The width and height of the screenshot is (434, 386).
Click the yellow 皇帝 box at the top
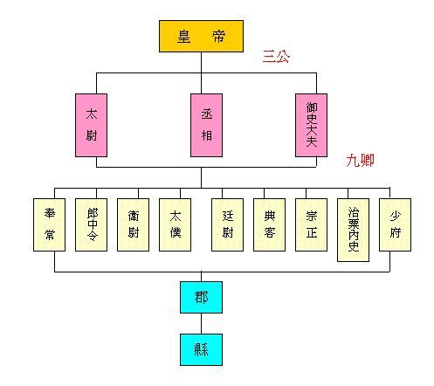[201, 37]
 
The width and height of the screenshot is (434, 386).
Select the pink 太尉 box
[91, 125]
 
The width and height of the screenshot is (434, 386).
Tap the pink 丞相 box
[206, 125]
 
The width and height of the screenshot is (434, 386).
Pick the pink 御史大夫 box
[311, 125]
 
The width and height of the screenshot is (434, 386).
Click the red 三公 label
[276, 57]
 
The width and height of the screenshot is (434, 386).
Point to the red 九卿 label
[360, 160]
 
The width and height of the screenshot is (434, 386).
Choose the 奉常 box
[49, 224]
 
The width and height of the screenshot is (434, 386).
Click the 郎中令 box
[91, 224]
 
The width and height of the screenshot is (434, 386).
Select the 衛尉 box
[133, 224]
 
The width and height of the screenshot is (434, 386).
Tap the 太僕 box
[175, 224]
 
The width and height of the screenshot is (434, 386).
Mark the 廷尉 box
[227, 224]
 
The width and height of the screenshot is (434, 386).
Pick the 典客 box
[269, 224]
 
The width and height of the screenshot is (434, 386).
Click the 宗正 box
[311, 224]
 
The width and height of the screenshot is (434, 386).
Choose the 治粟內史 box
[353, 230]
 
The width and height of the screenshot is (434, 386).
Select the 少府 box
[395, 224]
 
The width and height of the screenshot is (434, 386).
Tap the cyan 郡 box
[201, 297]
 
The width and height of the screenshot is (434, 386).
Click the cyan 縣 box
[201, 349]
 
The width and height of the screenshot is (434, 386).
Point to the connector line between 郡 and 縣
[201, 323]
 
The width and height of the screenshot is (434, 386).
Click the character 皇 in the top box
[184, 37]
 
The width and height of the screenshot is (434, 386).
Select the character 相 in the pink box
[207, 135]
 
